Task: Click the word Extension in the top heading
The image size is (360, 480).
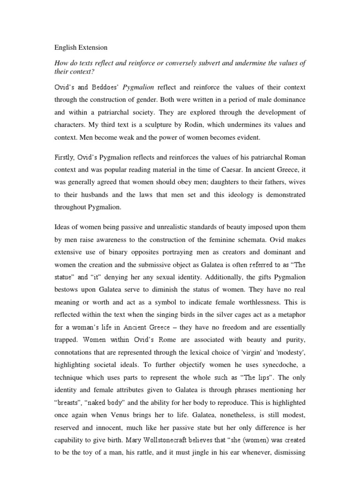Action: click(x=92, y=47)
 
